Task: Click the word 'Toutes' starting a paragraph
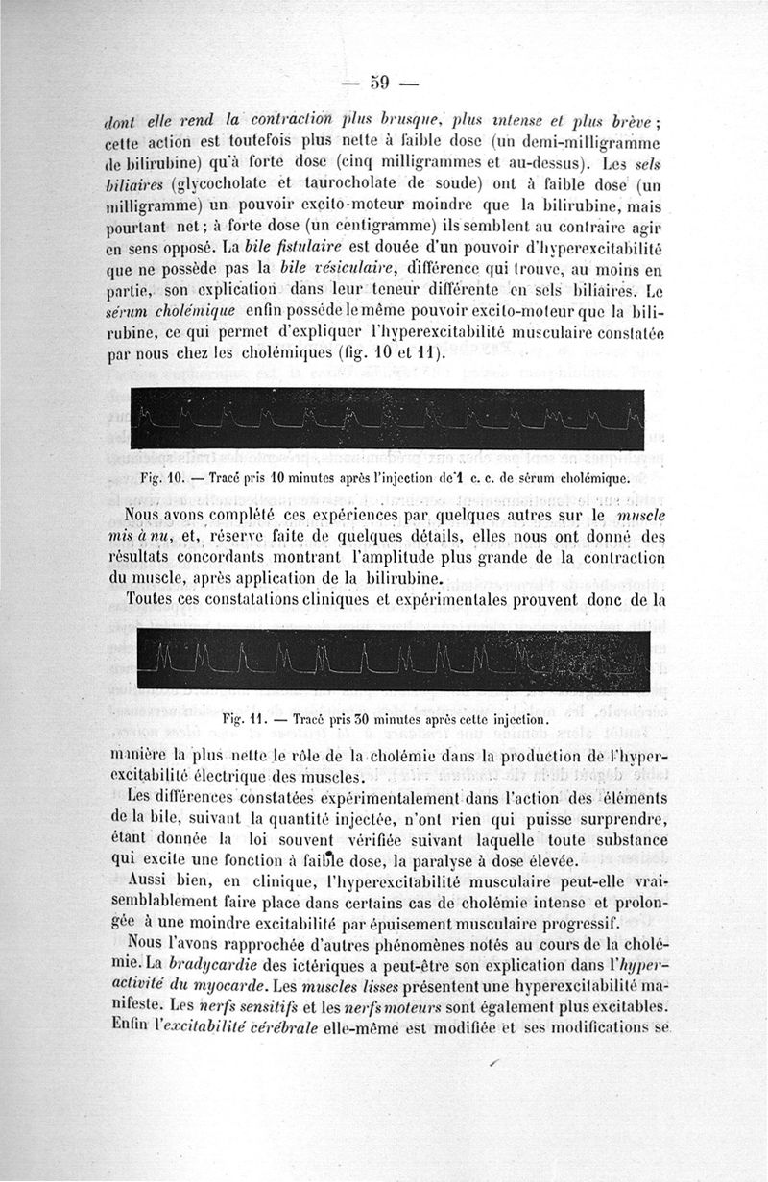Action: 157,601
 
